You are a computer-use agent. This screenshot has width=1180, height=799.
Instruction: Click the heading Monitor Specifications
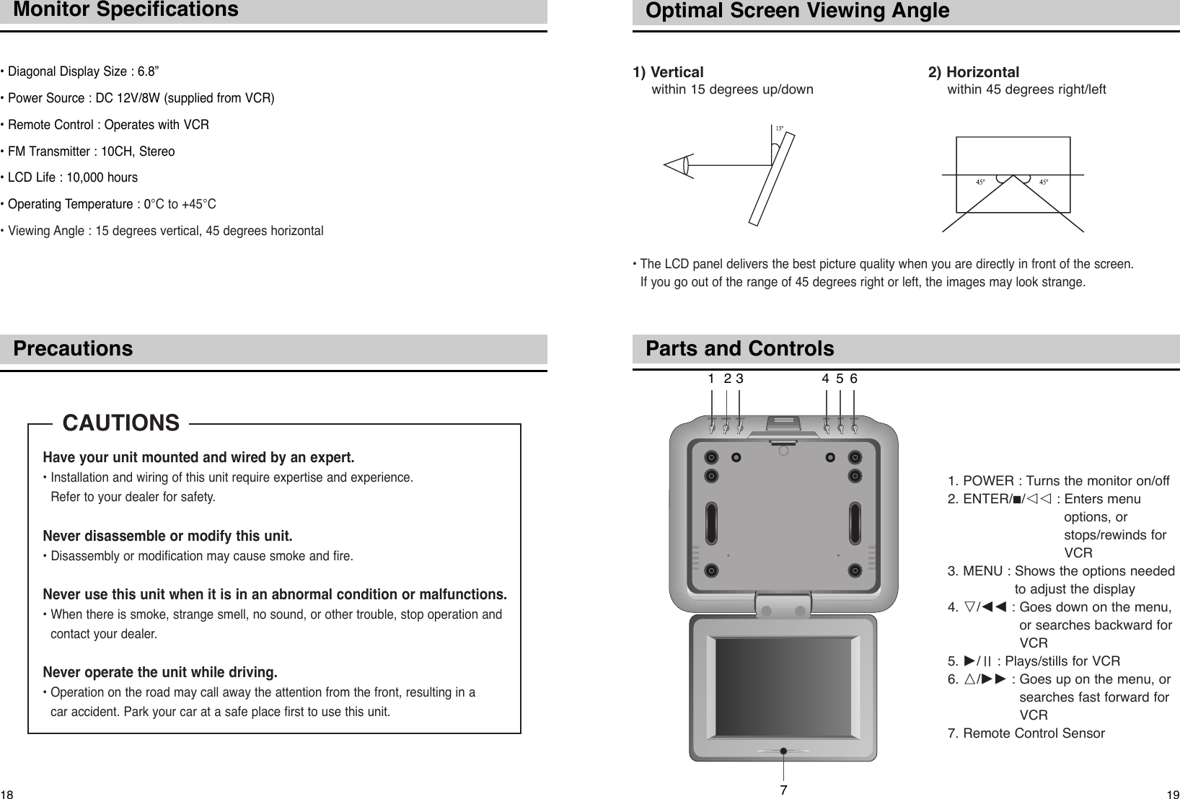tap(126, 10)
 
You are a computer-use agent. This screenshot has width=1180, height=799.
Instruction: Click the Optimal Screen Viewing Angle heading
tap(797, 11)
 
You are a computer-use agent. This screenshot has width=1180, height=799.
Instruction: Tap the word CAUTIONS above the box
tap(121, 423)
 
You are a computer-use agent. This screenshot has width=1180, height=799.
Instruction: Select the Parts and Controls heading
tap(739, 349)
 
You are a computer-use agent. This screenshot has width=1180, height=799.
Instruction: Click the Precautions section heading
tap(73, 349)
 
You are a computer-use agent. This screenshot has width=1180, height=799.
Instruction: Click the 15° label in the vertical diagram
tap(779, 129)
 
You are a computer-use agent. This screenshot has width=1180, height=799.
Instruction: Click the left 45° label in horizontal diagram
tap(980, 182)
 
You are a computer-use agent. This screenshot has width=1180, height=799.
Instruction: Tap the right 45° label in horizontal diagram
tap(1044, 182)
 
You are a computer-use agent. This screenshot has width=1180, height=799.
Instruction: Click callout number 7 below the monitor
tap(783, 789)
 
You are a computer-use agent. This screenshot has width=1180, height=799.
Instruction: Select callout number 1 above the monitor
tap(711, 379)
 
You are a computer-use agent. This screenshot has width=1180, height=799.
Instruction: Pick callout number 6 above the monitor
tap(854, 379)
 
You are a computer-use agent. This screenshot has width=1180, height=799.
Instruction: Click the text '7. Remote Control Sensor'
tap(1026, 733)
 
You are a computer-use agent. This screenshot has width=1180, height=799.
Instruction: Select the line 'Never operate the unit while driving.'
tap(160, 673)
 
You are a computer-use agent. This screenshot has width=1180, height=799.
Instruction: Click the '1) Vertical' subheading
tap(668, 72)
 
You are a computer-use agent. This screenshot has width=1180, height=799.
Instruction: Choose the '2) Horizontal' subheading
tap(974, 72)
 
